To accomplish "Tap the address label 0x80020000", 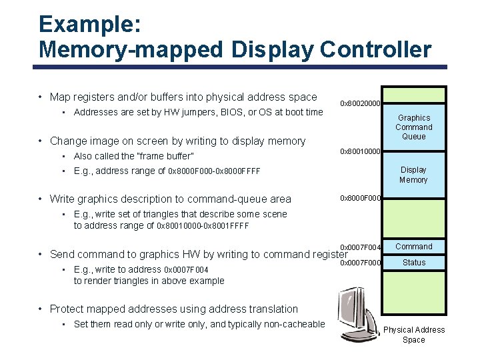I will coord(360,103).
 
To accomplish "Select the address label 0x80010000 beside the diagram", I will coord(360,151).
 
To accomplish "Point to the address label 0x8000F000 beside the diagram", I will coord(360,198).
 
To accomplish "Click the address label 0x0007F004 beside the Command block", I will coord(360,247).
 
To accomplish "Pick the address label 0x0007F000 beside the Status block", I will coord(360,263).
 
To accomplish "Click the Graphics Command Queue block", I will coord(413,127).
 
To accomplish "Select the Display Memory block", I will coord(413,175).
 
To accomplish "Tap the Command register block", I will coord(413,247).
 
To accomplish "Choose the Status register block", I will coord(413,263).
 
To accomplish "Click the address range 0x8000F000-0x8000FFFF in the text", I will coord(214,171).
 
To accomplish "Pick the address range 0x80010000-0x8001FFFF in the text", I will coord(203,225).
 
